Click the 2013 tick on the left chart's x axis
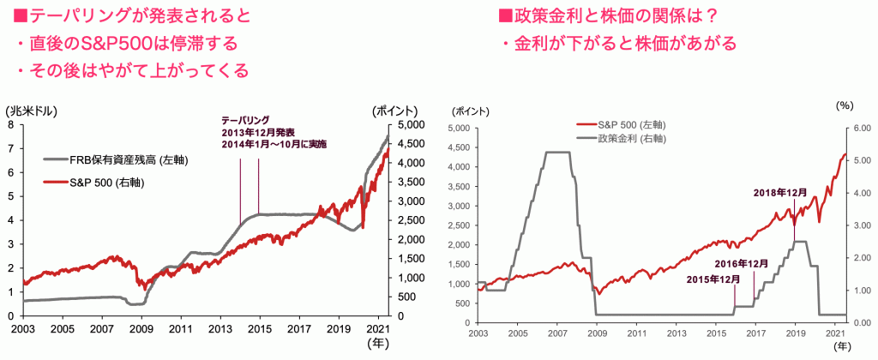tap(220, 328)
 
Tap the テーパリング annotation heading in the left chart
tap(246, 119)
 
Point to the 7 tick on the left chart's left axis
tap(9, 148)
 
